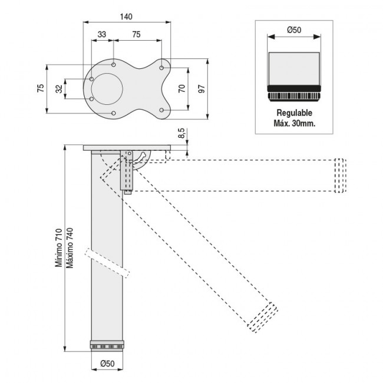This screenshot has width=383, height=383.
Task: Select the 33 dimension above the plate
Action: click(x=102, y=35)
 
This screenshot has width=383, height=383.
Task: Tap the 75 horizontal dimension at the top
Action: click(x=136, y=35)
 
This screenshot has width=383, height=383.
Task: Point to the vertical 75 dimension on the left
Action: click(x=40, y=88)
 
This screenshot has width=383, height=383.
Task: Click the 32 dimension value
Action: click(x=58, y=89)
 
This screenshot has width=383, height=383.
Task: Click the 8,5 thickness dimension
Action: click(x=181, y=134)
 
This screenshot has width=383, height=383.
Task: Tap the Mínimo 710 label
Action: click(x=58, y=247)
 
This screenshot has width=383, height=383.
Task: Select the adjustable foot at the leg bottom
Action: click(x=107, y=345)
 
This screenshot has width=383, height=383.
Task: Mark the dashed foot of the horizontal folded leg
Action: click(x=339, y=175)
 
